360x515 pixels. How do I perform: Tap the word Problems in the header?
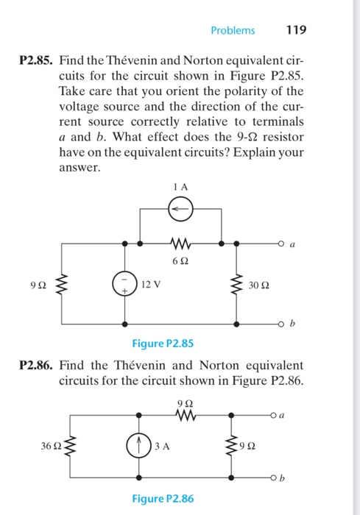(x=233, y=31)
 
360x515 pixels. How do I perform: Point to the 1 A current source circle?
(x=181, y=209)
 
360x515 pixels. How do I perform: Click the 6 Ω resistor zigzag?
(x=181, y=241)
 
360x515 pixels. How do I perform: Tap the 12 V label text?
(x=152, y=283)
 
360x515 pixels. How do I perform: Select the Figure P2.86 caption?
(x=163, y=499)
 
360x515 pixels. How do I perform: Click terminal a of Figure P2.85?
(x=281, y=241)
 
